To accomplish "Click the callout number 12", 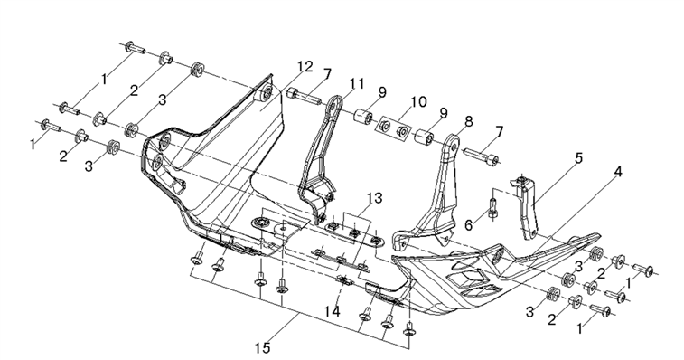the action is pyautogui.click(x=305, y=67).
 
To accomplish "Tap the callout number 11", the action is pyautogui.click(x=356, y=84).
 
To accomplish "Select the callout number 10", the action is pyautogui.click(x=417, y=102).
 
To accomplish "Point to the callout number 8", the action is pyautogui.click(x=469, y=121).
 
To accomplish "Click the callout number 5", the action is pyautogui.click(x=578, y=158).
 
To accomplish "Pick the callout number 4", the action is pyautogui.click(x=618, y=172).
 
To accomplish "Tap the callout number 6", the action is pyautogui.click(x=469, y=225).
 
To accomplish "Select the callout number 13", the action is pyautogui.click(x=374, y=198).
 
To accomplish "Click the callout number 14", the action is pyautogui.click(x=332, y=311).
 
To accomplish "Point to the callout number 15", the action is pyautogui.click(x=263, y=348).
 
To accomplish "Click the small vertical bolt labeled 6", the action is pyautogui.click(x=493, y=208).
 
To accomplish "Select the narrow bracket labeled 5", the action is pyautogui.click(x=528, y=206).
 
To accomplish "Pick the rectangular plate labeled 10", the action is pyautogui.click(x=393, y=128).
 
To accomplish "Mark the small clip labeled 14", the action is pyautogui.click(x=345, y=280).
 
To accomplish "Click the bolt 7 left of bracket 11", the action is pyautogui.click(x=304, y=96).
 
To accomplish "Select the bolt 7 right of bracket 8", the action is pyautogui.click(x=481, y=156).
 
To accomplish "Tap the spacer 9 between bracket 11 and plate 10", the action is pyautogui.click(x=363, y=117).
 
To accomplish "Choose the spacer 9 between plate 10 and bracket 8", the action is pyautogui.click(x=423, y=137).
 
